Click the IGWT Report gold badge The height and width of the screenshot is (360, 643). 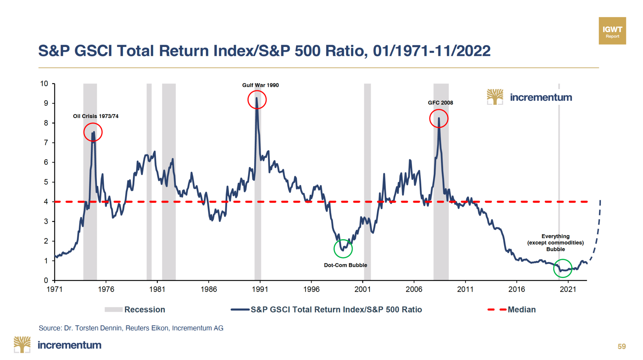tap(612, 31)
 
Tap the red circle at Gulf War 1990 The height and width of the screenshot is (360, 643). tap(257, 100)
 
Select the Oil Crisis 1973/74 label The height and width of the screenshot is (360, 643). tap(95, 116)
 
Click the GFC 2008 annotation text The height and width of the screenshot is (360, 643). tap(440, 103)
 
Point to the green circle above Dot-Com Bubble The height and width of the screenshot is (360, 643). tap(343, 249)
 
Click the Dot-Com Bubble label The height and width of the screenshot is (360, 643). tap(345, 265)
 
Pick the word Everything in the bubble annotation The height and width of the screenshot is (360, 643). tap(555, 236)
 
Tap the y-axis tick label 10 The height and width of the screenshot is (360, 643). tap(44, 84)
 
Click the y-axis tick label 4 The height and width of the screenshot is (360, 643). tap(46, 202)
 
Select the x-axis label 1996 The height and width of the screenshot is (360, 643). tap(311, 289)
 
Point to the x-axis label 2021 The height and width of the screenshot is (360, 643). tap(568, 289)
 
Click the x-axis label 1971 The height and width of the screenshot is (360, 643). tap(55, 289)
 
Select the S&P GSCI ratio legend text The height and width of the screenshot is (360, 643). tap(336, 309)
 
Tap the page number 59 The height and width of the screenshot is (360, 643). tap(621, 346)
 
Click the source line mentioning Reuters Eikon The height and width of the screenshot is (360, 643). tap(131, 328)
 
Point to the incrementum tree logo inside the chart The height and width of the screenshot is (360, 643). tap(495, 97)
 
